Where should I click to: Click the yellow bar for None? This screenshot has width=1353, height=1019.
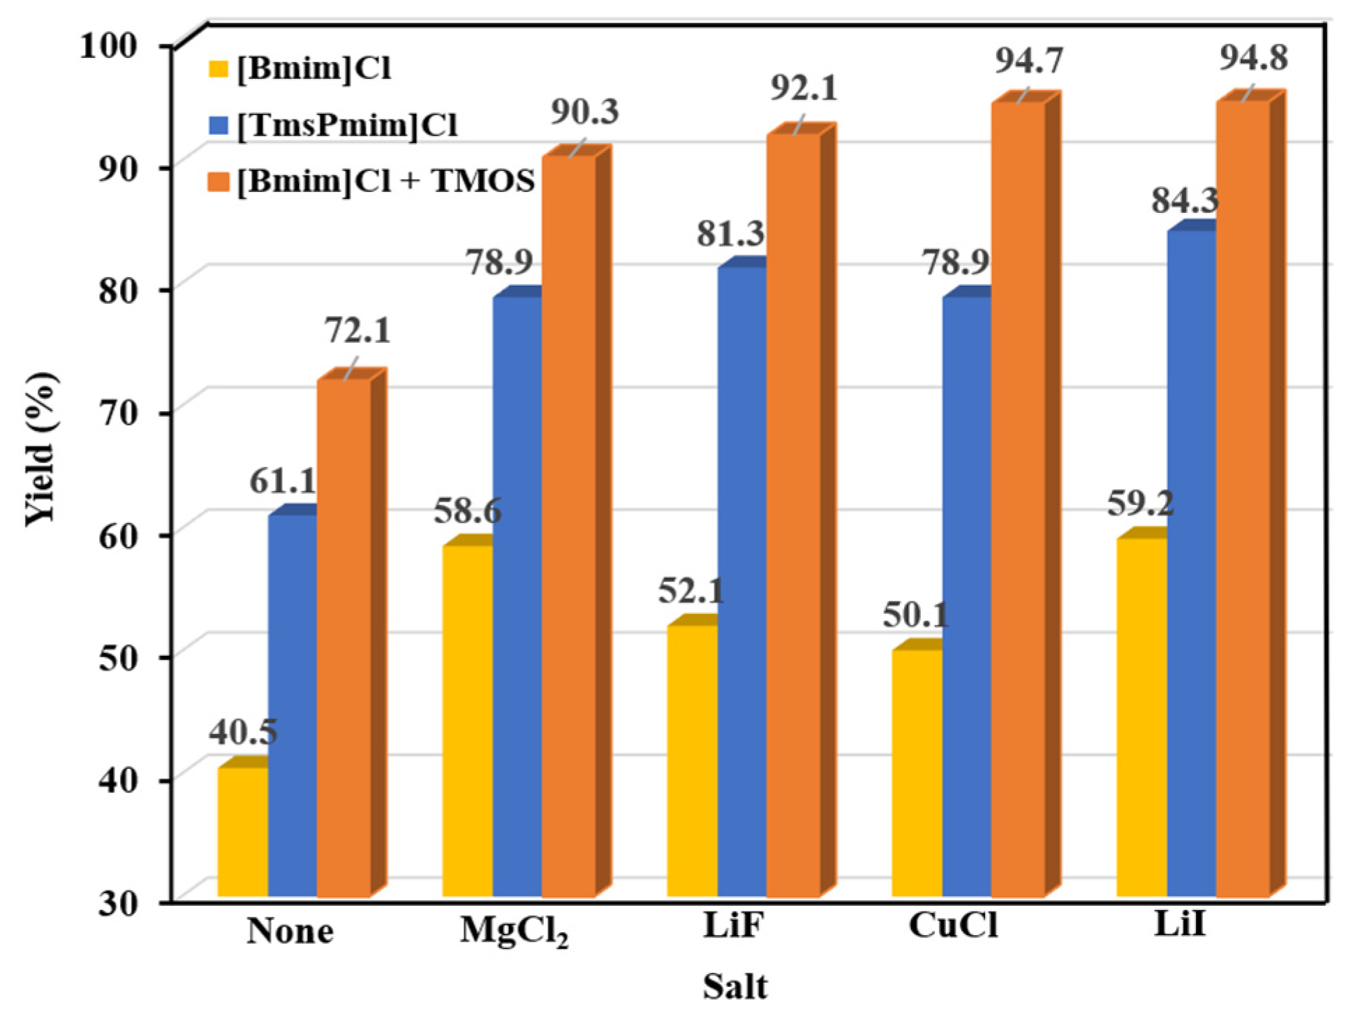tap(242, 831)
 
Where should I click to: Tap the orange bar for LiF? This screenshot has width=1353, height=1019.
tap(792, 517)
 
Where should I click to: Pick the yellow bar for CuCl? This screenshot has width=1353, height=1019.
tap(917, 772)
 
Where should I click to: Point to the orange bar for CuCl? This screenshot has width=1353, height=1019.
tap(1017, 499)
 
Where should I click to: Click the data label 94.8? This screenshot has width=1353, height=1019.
tap(1253, 58)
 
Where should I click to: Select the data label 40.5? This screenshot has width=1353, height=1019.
tap(242, 732)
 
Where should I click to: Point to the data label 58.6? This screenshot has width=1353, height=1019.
tap(467, 511)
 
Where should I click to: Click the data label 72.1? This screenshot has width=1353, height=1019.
tap(357, 331)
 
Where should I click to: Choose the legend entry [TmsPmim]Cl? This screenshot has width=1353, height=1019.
tap(347, 126)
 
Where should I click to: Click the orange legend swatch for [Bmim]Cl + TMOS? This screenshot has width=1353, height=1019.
tap(219, 182)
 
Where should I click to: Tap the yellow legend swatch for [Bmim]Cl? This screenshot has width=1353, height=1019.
tap(219, 68)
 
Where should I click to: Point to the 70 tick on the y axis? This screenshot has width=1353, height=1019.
tap(126, 413)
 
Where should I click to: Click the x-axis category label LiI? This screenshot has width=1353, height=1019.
tap(1179, 925)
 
